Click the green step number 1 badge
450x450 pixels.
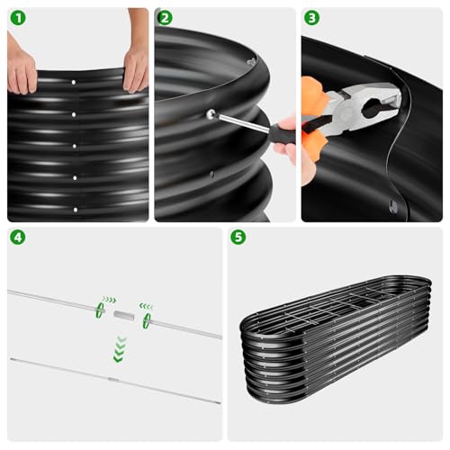[x=18, y=18]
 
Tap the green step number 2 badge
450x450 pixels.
[x=165, y=18]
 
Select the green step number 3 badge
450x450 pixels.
[x=312, y=18]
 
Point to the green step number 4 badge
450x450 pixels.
[x=18, y=238]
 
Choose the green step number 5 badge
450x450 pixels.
[x=238, y=238]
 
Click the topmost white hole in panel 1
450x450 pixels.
[x=74, y=82]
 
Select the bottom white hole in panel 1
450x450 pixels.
[x=76, y=210]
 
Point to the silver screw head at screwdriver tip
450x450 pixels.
[x=211, y=113]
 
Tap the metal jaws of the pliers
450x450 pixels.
[x=371, y=105]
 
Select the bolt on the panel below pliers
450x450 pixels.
[x=393, y=206]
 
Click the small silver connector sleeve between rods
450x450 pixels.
[x=124, y=316]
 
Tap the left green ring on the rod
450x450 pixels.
[x=100, y=310]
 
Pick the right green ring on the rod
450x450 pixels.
[x=147, y=321]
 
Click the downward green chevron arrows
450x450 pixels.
[x=120, y=349]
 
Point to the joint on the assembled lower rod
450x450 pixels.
[x=113, y=380]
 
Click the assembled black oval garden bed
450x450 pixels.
[x=336, y=339]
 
